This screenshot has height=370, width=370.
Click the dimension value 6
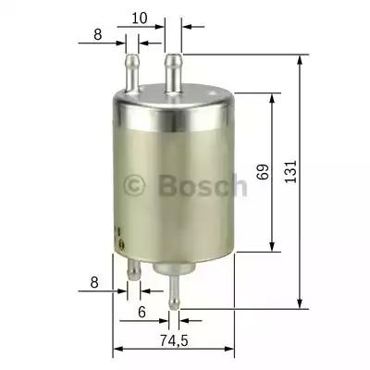pyautogui.click(x=142, y=313)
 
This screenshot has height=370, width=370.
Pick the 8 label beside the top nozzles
pyautogui.click(x=96, y=37)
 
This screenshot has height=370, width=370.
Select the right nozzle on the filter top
pyautogui.click(x=172, y=68)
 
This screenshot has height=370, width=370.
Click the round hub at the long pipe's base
pyautogui.click(x=170, y=269)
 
